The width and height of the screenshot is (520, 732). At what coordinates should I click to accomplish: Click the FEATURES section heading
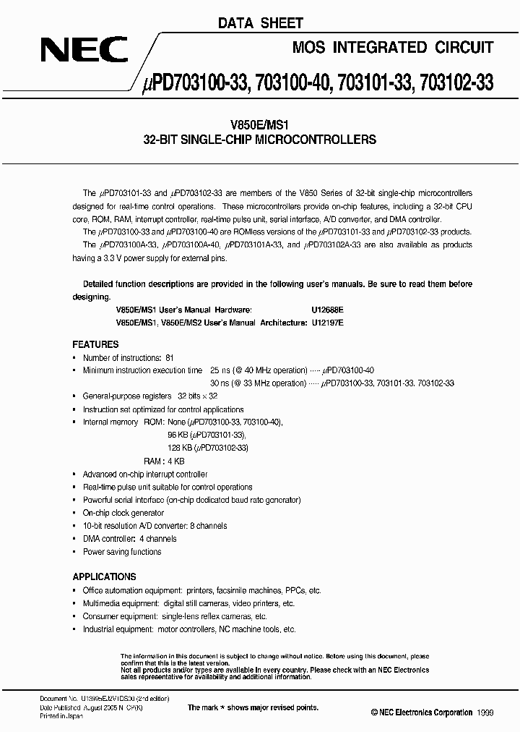(x=95, y=345)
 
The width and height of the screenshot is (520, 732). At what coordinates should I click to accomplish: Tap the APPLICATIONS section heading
(x=104, y=576)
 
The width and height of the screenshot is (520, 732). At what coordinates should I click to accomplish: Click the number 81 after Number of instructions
(x=169, y=358)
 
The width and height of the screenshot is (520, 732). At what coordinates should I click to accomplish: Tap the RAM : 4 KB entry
(x=165, y=461)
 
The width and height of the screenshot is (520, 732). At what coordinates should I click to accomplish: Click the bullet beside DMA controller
(x=75, y=539)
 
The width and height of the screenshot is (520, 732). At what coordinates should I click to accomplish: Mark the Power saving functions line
(x=122, y=552)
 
